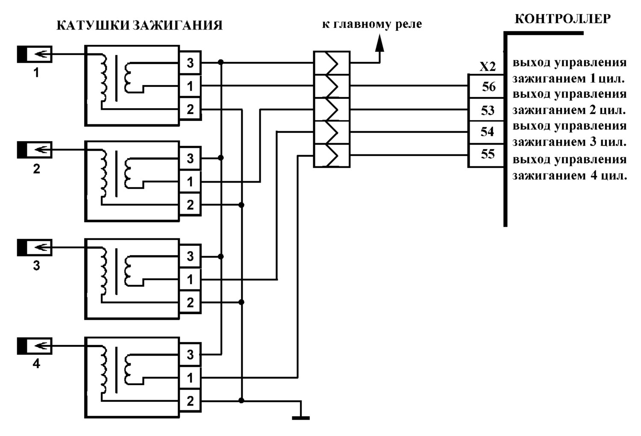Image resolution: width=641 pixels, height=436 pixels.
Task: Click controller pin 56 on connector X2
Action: click(486, 86)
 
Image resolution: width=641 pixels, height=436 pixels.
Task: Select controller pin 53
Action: click(486, 110)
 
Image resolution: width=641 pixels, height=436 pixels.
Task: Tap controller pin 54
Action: click(486, 133)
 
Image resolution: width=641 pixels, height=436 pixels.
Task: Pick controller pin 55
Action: click(486, 156)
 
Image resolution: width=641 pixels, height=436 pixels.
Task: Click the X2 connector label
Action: click(487, 67)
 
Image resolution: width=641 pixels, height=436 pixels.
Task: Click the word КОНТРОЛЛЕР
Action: click(563, 19)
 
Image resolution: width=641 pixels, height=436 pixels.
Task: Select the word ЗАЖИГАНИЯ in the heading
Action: click(178, 26)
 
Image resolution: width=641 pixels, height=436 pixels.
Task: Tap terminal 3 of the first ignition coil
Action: click(190, 63)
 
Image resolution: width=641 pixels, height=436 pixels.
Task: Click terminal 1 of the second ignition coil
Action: click(190, 182)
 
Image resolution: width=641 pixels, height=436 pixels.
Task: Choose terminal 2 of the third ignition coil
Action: click(190, 302)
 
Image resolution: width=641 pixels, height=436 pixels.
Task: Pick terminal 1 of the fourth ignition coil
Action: click(190, 378)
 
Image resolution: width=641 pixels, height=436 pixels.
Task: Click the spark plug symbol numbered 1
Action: click(35, 54)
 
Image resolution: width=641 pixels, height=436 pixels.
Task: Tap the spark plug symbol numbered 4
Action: click(35, 346)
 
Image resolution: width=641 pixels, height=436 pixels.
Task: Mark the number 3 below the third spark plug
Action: click(36, 266)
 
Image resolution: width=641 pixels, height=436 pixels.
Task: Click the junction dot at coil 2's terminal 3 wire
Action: click(221, 158)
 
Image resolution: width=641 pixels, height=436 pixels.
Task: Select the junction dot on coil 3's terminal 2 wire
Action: click(241, 302)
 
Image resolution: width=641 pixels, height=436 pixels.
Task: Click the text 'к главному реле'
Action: click(372, 24)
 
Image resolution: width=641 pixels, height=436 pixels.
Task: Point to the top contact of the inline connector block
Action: click(332, 63)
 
